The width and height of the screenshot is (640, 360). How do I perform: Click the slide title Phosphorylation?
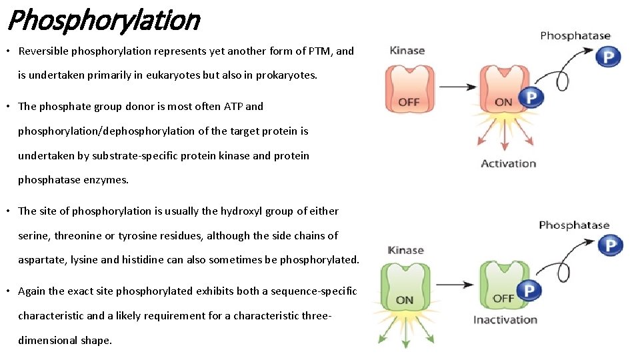[103, 20]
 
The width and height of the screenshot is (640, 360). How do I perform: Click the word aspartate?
[41, 260]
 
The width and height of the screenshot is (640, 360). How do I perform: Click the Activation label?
[508, 163]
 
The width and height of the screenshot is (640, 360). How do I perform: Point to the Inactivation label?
[505, 319]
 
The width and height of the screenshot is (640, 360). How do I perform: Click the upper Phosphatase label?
[575, 36]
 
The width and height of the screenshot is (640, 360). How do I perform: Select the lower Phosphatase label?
[574, 225]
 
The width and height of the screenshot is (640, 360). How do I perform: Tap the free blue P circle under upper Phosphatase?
[607, 57]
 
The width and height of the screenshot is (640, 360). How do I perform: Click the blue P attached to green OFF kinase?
[529, 291]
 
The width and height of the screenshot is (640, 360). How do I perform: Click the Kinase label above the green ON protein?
[405, 250]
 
